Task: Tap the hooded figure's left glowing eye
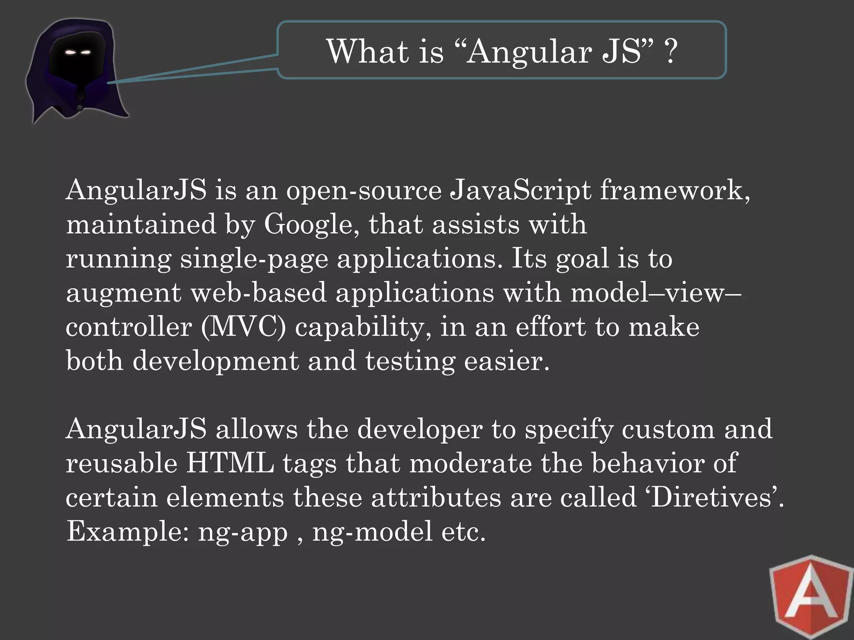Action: (70, 52)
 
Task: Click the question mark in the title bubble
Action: (670, 52)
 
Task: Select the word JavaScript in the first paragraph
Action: (520, 191)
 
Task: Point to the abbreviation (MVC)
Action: (244, 327)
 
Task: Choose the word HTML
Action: (230, 463)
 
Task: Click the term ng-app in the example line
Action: (243, 532)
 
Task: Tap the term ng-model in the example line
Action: (372, 532)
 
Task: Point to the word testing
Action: (410, 362)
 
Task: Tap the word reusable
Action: (121, 463)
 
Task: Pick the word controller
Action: (129, 327)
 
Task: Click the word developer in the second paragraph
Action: (420, 429)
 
